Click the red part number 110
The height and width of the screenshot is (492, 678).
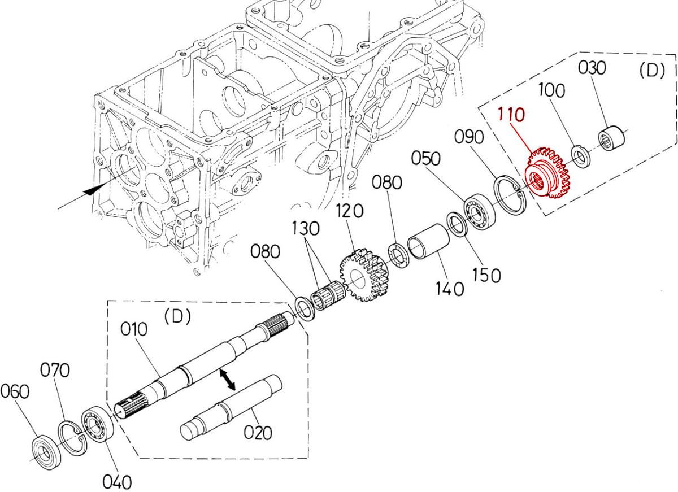point(512,116)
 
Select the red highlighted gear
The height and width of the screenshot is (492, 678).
point(547,174)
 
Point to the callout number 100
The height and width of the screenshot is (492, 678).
point(553,90)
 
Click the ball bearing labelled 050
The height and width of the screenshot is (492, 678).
point(480,211)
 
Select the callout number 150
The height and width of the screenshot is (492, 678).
point(486,275)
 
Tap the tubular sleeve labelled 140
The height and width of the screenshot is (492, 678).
point(428,242)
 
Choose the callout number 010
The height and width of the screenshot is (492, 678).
point(133,329)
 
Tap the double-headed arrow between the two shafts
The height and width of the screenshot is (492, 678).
point(227,379)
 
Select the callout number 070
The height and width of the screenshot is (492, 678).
point(55,371)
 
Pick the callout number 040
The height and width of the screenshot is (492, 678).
point(118,481)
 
